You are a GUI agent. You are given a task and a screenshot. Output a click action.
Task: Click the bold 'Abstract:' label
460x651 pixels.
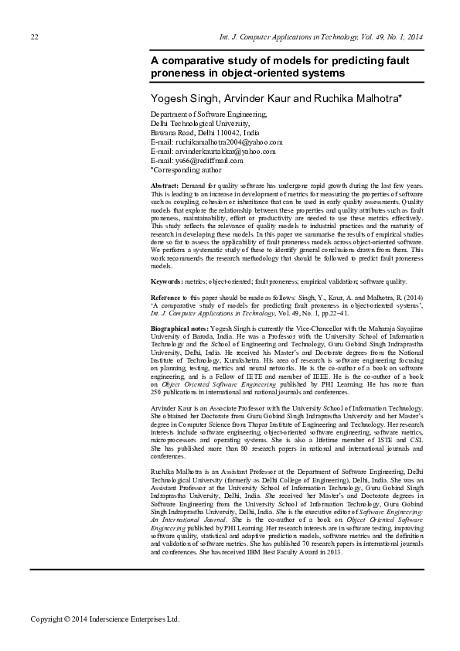point(164,187)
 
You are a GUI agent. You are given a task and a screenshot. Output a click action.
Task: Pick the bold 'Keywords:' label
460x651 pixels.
point(166,282)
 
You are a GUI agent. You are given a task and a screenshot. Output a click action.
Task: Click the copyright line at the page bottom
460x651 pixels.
point(104,619)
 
